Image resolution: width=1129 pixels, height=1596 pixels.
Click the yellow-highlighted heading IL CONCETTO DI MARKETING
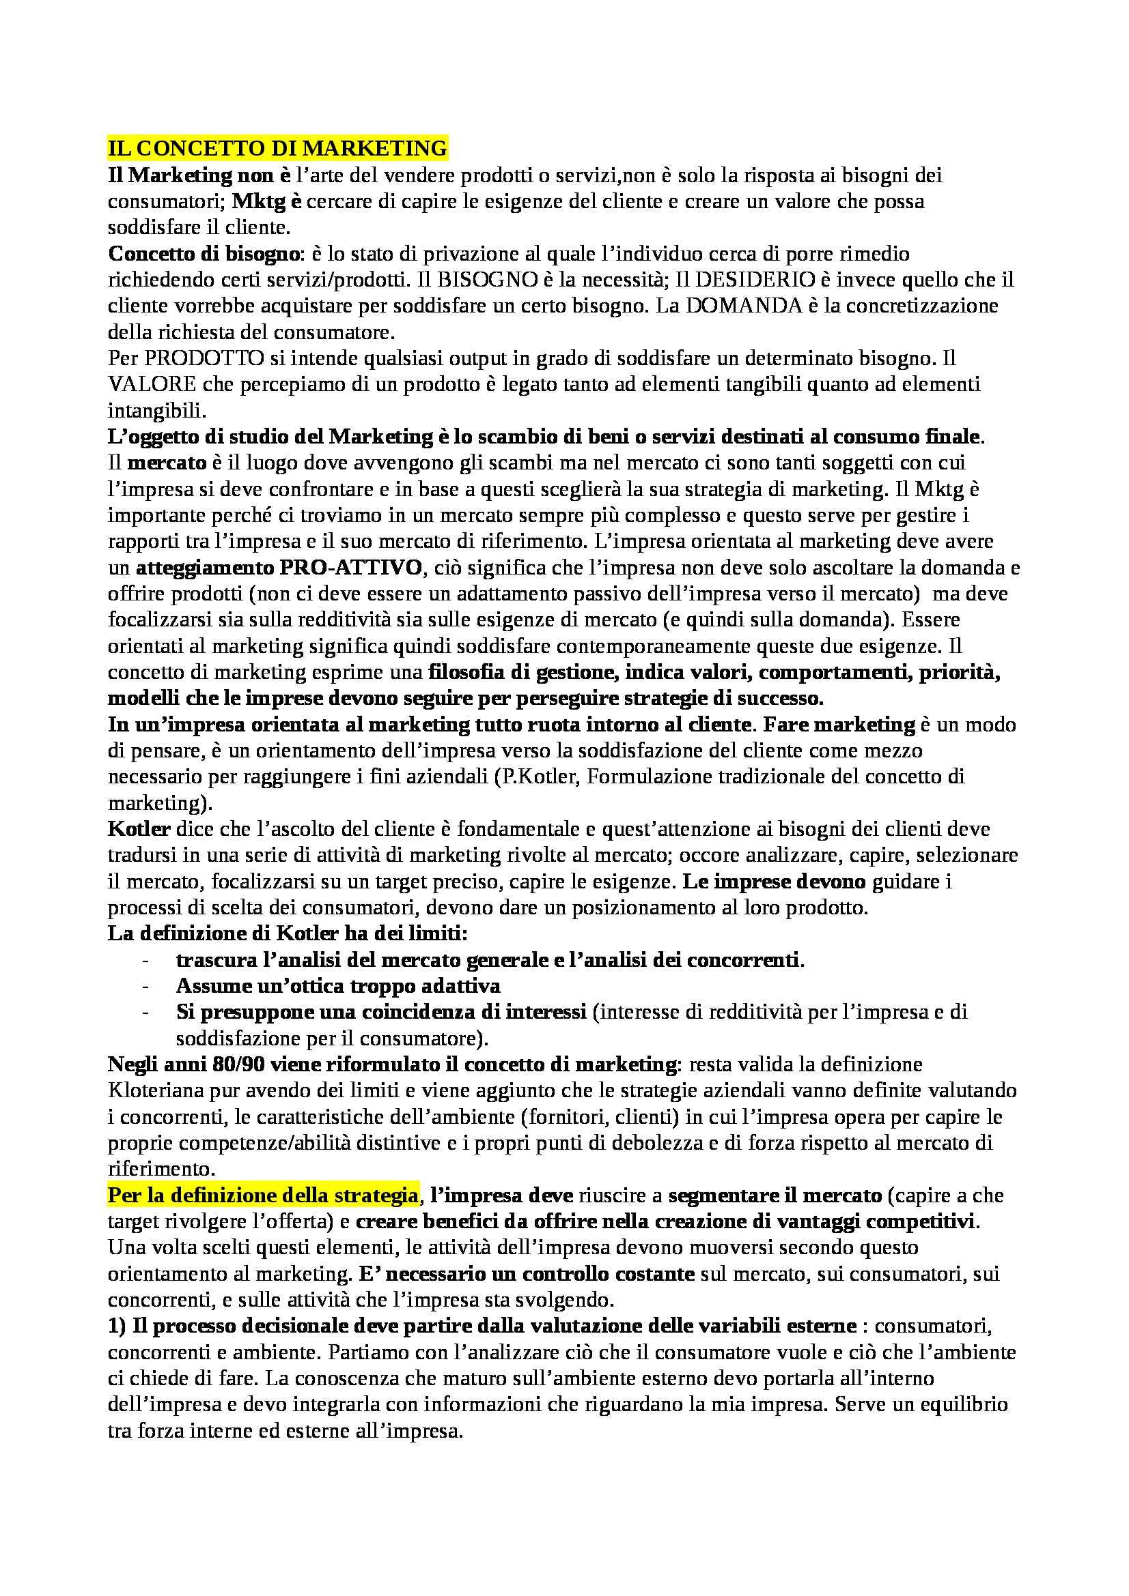[x=277, y=149]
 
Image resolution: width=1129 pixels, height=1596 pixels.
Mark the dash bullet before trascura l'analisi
[x=145, y=961]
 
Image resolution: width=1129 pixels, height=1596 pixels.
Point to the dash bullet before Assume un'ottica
[x=145, y=987]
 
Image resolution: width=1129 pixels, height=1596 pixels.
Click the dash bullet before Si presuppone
[x=145, y=1013]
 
